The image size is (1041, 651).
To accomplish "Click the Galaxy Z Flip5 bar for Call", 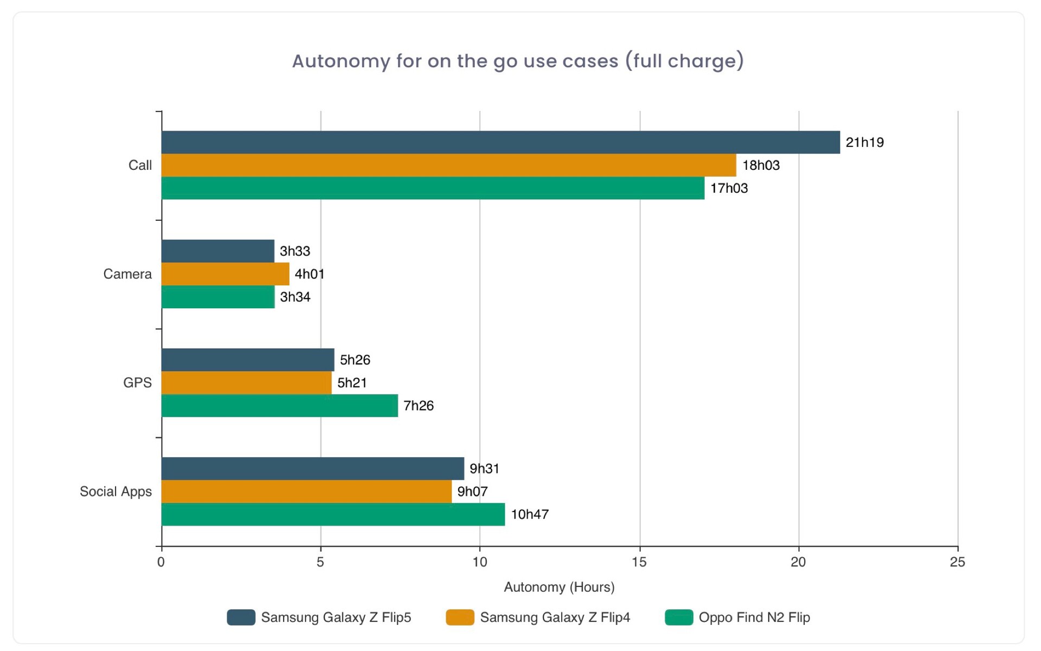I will click(x=500, y=142).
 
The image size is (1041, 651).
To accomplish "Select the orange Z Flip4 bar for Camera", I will click(x=225, y=274).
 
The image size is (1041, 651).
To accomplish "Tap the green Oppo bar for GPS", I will click(x=279, y=406).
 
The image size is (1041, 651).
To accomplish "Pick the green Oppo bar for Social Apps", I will click(x=333, y=514).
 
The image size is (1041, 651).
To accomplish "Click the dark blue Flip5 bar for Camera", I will click(x=217, y=251).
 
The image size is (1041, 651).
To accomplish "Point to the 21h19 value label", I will click(x=864, y=143).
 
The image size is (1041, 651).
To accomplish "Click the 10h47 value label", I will click(x=529, y=514).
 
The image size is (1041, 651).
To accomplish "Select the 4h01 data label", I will click(x=309, y=274).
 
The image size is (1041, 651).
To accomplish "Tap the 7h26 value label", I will click(x=418, y=406).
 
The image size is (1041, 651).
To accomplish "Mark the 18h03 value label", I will click(x=760, y=165).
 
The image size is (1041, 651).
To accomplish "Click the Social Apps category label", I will click(x=115, y=492).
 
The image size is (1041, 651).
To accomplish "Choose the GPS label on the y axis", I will click(x=137, y=383).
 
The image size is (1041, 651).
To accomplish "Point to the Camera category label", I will click(x=127, y=274).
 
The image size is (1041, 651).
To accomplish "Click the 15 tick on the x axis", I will click(x=639, y=562).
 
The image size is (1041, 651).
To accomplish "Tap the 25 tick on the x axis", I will click(x=958, y=562).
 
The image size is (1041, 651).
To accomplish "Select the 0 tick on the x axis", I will click(x=161, y=562).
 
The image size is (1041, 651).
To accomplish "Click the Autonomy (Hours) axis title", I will click(x=559, y=587).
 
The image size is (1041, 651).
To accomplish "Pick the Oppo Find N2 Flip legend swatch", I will click(x=679, y=617).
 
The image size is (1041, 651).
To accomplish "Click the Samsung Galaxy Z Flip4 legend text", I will click(x=555, y=617).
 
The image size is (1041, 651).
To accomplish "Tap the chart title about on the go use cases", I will click(x=518, y=61).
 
